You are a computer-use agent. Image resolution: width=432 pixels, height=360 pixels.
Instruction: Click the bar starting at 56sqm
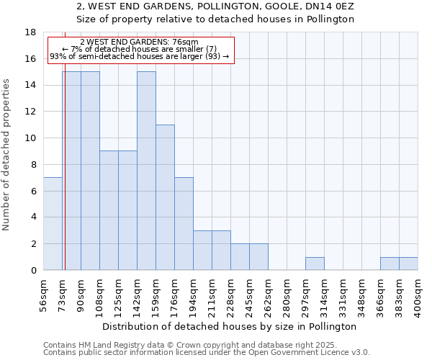pyautogui.click(x=53, y=223)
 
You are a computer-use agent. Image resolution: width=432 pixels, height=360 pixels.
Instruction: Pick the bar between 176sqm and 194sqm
pyautogui.click(x=184, y=223)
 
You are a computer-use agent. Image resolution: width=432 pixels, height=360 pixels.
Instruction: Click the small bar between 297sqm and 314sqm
pyautogui.click(x=315, y=264)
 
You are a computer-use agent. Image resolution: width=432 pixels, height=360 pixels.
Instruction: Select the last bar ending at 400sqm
pyautogui.click(x=408, y=264)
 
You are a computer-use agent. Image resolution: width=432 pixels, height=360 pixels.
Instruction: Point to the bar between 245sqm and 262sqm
pyautogui.click(x=258, y=257)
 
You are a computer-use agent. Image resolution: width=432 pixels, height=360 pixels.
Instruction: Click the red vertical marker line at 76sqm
pyautogui.click(x=65, y=180)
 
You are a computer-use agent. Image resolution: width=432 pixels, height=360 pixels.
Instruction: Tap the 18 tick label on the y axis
pyautogui.click(x=30, y=32)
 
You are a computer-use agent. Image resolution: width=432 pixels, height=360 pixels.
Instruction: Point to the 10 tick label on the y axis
pyautogui.click(x=30, y=138)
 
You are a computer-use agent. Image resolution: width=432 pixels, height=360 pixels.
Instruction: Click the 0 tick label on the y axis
pyautogui.click(x=33, y=270)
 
